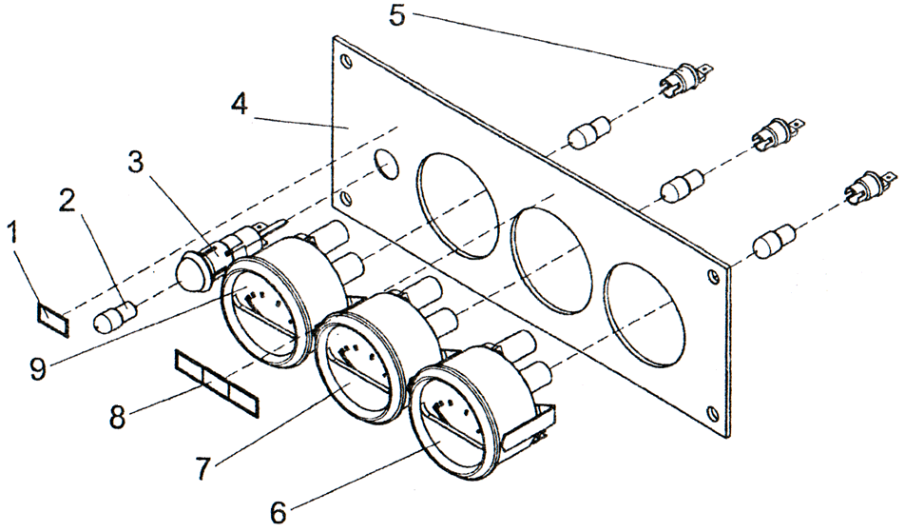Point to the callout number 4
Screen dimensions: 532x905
coord(240,102)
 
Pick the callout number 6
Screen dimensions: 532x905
coord(278,511)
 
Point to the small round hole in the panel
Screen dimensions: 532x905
coord(385,164)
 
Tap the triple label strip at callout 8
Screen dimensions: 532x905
coord(216,382)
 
